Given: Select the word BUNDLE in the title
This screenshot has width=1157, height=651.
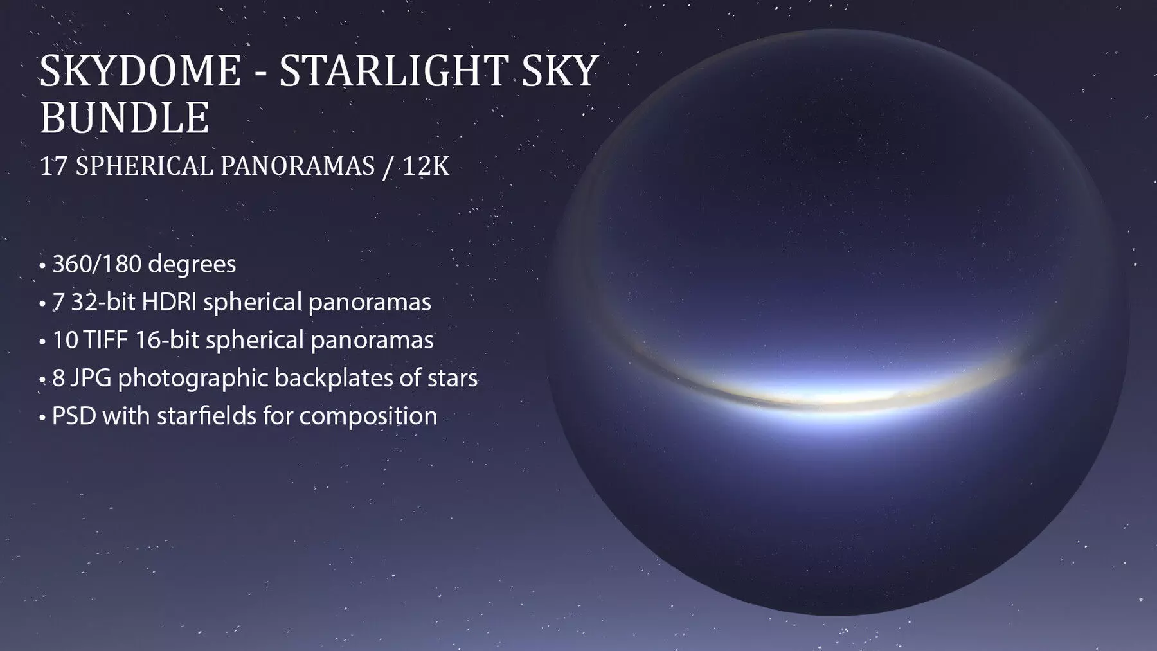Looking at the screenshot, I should click(x=125, y=118).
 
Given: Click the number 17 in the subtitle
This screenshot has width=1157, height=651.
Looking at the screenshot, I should click(x=54, y=166).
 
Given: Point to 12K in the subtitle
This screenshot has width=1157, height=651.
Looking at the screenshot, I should click(x=426, y=166).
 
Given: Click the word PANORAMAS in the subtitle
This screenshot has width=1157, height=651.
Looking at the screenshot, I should click(x=298, y=166).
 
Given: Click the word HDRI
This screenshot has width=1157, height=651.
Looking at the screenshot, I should click(x=169, y=302).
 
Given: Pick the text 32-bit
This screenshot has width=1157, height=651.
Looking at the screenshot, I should click(x=102, y=302).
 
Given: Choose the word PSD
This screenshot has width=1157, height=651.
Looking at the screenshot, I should click(x=74, y=416).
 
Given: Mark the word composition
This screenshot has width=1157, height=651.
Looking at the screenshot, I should click(x=368, y=416).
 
